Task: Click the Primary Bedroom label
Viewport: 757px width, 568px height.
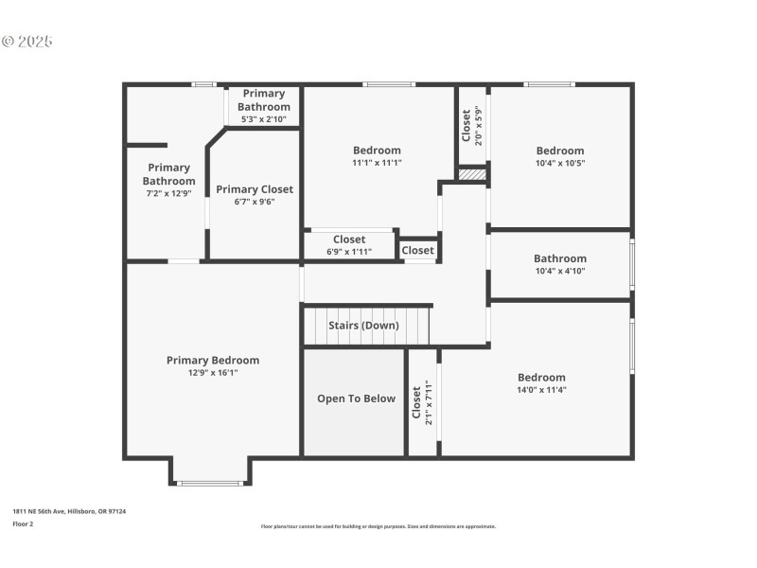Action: click(x=213, y=360)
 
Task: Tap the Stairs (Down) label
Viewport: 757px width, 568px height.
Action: click(x=363, y=326)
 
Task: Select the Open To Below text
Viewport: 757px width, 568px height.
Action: click(x=356, y=399)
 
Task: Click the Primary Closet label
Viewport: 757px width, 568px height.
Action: click(x=255, y=189)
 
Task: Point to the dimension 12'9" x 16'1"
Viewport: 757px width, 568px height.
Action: click(x=213, y=373)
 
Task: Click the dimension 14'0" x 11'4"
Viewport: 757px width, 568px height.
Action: click(x=541, y=390)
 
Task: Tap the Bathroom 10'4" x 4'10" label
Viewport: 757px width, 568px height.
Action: click(x=560, y=258)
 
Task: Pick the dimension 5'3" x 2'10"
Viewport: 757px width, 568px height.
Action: click(x=264, y=119)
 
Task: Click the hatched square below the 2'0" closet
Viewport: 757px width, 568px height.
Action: click(x=472, y=174)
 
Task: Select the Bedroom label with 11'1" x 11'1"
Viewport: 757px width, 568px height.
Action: click(x=377, y=150)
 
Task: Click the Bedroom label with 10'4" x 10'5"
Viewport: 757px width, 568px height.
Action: click(x=560, y=150)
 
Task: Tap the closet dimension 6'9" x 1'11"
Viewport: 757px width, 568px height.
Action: click(x=349, y=252)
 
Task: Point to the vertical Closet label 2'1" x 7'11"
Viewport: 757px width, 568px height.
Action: click(x=416, y=402)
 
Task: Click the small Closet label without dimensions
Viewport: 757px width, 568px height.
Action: click(x=417, y=251)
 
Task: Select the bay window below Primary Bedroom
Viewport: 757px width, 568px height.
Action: click(x=210, y=483)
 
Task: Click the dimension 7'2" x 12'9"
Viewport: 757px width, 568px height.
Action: click(x=169, y=193)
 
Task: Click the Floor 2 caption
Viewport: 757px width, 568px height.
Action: click(x=23, y=523)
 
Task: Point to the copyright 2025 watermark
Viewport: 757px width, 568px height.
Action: click(x=27, y=42)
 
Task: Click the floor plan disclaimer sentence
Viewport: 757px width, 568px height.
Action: click(x=378, y=526)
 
